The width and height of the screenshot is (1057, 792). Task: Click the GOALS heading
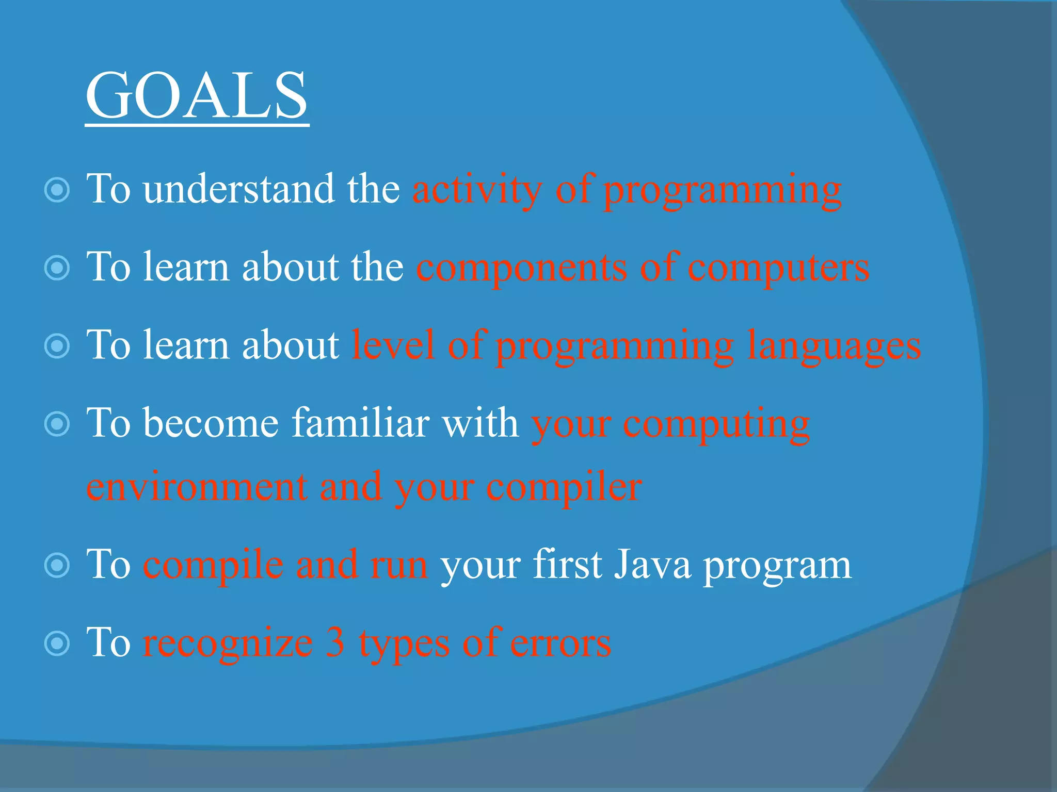[197, 96]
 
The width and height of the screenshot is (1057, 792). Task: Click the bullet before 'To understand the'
[57, 190]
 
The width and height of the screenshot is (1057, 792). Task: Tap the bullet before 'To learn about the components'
[57, 268]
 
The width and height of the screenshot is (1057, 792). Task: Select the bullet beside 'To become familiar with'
[57, 424]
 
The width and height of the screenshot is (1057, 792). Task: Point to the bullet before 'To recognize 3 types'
[57, 643]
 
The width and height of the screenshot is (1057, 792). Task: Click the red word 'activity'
[477, 190]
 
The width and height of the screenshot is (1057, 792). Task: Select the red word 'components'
[521, 268]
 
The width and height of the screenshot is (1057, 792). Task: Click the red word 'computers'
[778, 268]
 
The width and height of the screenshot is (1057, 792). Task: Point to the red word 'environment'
[197, 487]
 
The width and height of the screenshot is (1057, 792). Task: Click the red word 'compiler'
[564, 487]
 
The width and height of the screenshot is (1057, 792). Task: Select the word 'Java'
[652, 565]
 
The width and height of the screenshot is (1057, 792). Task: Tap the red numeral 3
[335, 642]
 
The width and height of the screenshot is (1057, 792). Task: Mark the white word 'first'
[567, 565]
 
